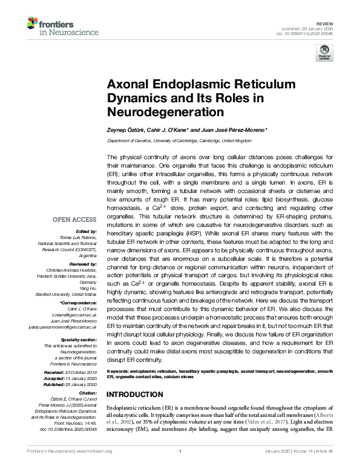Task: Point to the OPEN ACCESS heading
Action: coord(74,219)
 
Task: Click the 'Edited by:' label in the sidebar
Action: coord(84,231)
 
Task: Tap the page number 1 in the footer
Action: coord(180,467)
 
